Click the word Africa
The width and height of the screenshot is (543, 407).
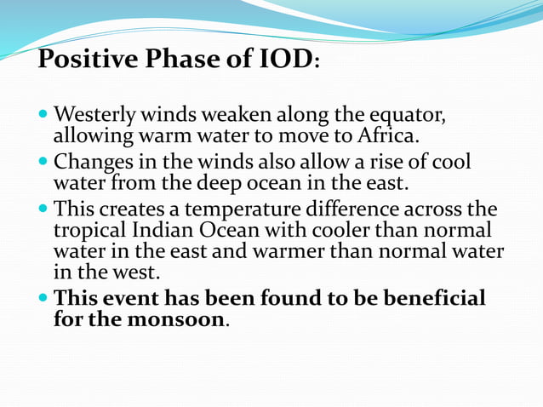[392, 135]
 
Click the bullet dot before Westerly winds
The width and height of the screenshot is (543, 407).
[44, 115]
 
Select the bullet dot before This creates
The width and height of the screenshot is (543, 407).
[44, 209]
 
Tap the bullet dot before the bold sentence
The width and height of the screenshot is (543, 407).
[44, 299]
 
